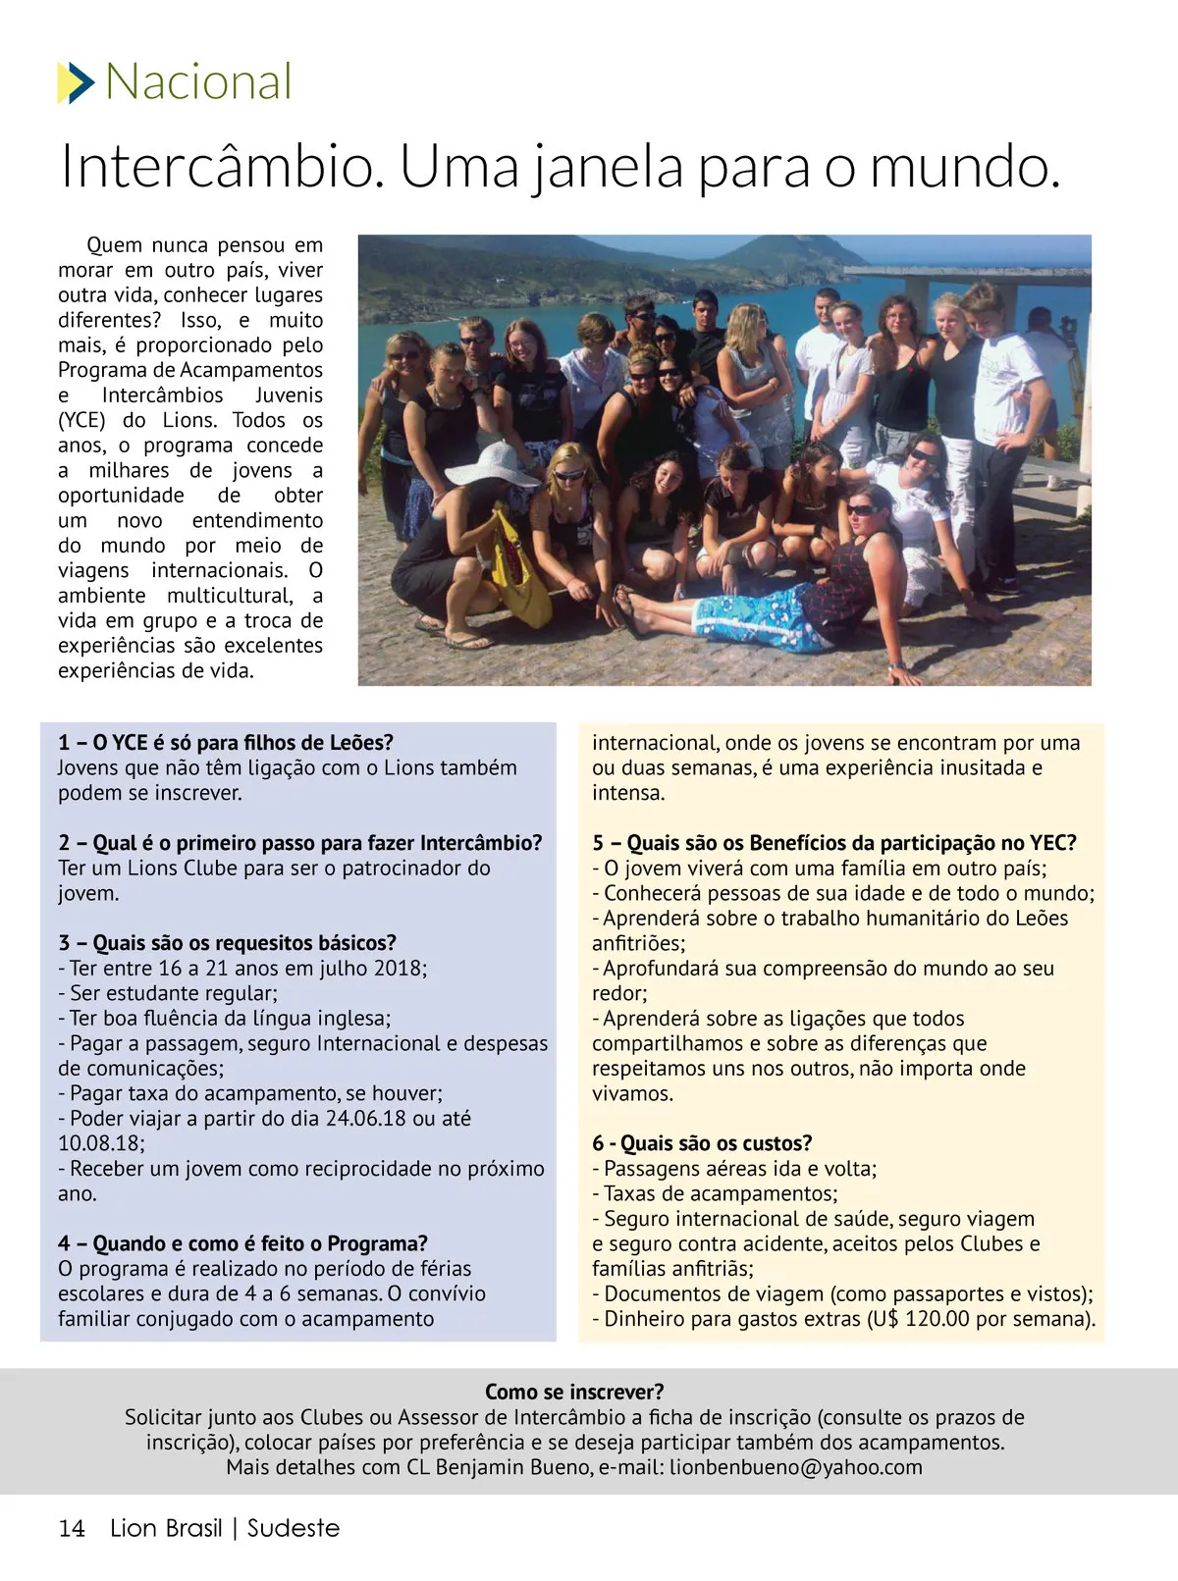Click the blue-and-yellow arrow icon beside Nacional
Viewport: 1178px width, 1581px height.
(x=76, y=82)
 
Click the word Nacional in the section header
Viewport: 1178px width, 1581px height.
(x=198, y=81)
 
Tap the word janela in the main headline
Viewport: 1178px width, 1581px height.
(x=609, y=168)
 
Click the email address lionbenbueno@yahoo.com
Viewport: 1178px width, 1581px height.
(x=796, y=1467)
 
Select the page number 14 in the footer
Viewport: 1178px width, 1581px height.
(x=72, y=1528)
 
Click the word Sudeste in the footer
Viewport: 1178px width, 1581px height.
(x=293, y=1528)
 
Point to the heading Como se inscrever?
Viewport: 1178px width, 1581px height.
(x=574, y=1392)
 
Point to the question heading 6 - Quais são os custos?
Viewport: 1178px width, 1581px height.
(x=702, y=1143)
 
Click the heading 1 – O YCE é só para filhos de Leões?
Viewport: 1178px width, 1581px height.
(x=226, y=743)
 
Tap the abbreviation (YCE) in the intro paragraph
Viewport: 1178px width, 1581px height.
(x=80, y=420)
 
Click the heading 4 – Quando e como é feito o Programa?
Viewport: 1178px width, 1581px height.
(x=242, y=1243)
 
